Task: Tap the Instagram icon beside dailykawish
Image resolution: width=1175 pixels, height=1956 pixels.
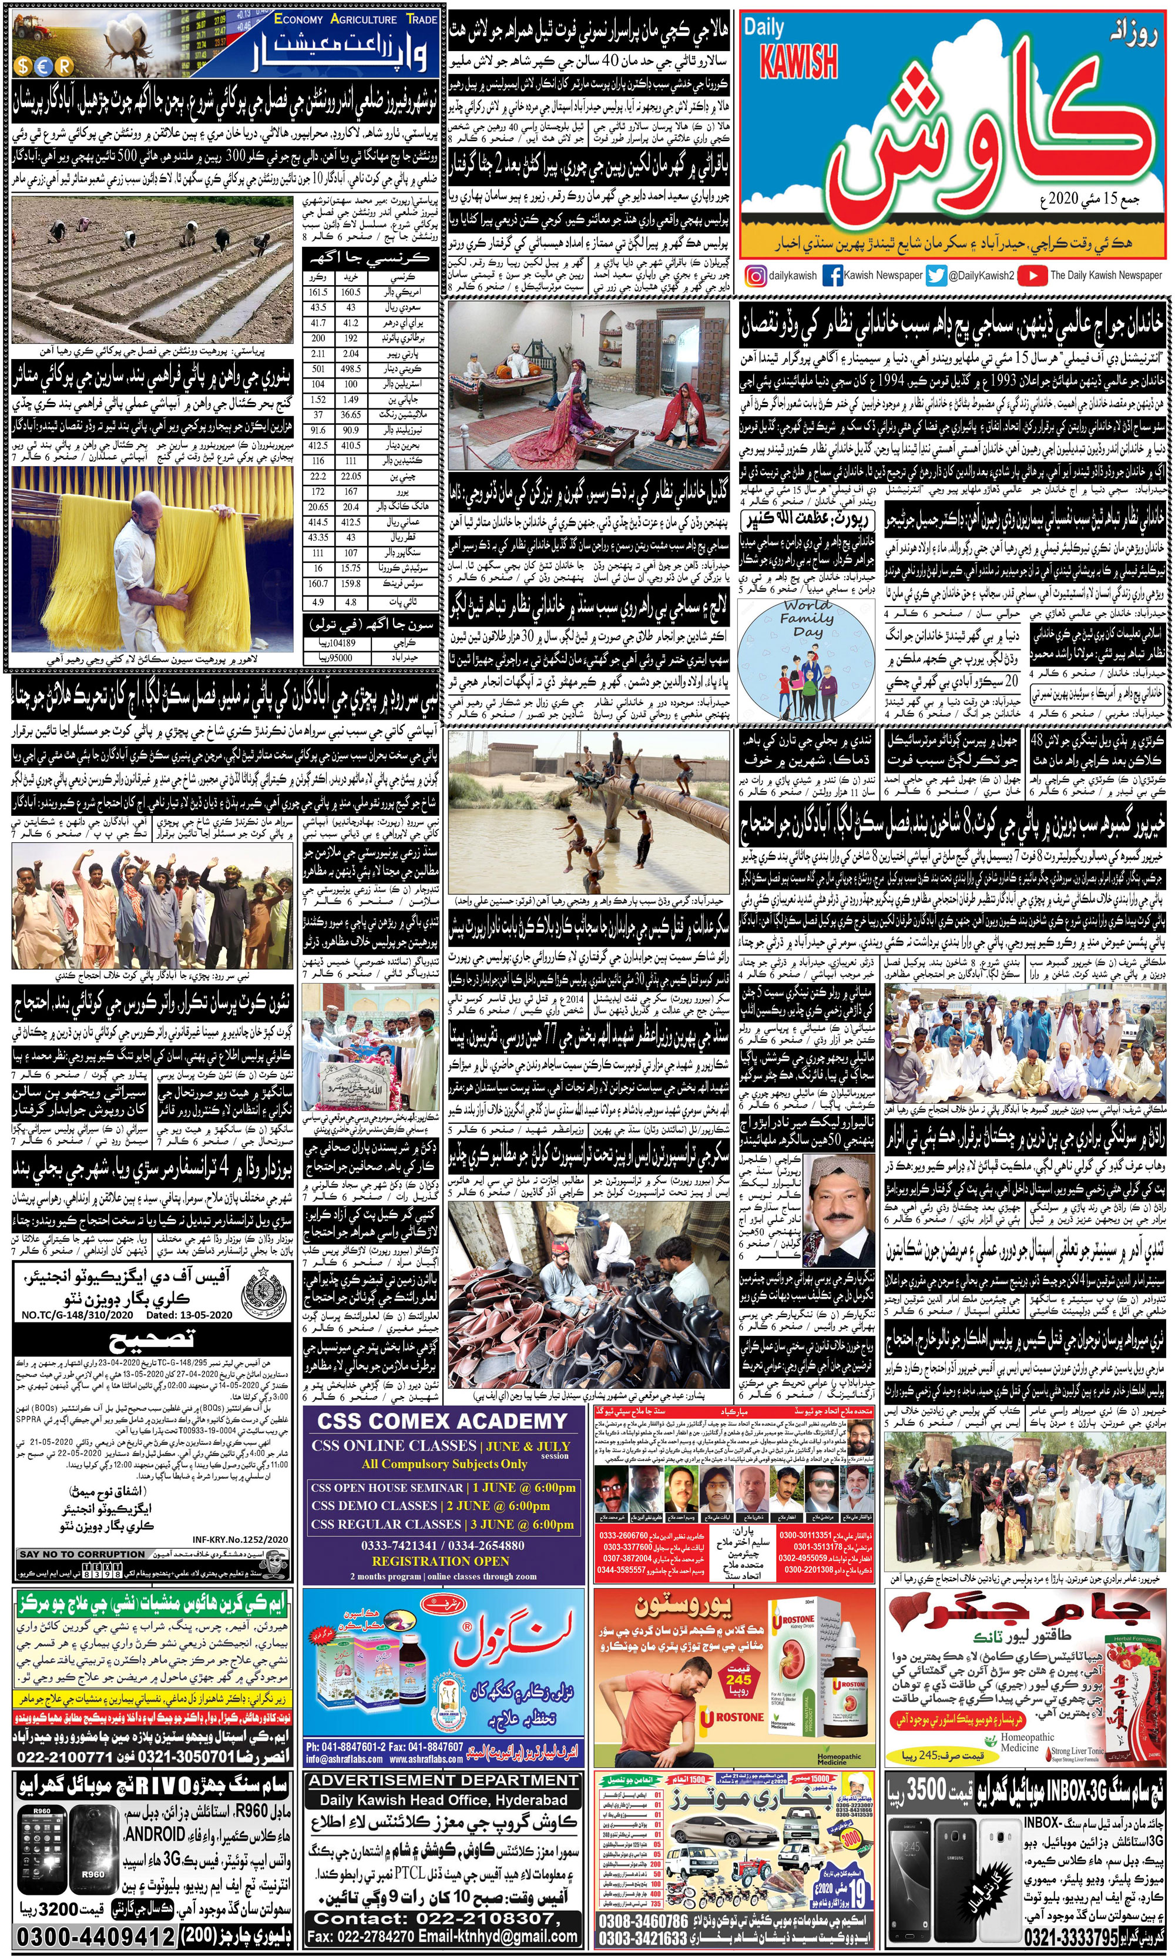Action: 756,276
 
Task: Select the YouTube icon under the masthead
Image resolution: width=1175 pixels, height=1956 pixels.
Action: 1032,276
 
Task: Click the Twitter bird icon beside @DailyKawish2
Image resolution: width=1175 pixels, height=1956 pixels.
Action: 936,276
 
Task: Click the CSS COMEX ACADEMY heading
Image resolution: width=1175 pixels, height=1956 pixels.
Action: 442,1422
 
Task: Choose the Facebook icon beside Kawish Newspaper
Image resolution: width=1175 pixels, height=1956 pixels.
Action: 832,276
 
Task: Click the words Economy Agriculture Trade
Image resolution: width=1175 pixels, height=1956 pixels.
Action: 355,19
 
